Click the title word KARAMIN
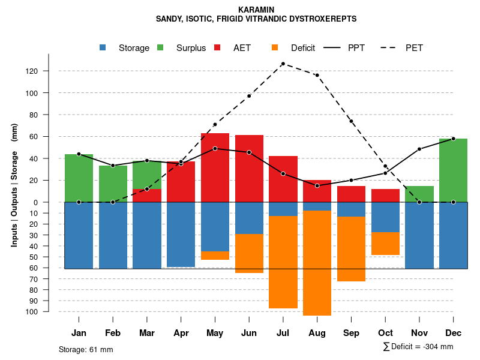(x=256, y=10)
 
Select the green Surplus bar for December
(x=453, y=170)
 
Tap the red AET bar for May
(x=215, y=167)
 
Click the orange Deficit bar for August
(x=317, y=263)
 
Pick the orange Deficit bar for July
(x=283, y=262)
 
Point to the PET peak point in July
(x=283, y=64)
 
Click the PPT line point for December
(x=453, y=139)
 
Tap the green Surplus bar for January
(x=79, y=178)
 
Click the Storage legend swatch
(x=103, y=48)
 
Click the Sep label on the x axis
(x=351, y=333)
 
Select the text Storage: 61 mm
(x=86, y=349)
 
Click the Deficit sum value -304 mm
(x=439, y=347)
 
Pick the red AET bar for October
(x=385, y=196)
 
